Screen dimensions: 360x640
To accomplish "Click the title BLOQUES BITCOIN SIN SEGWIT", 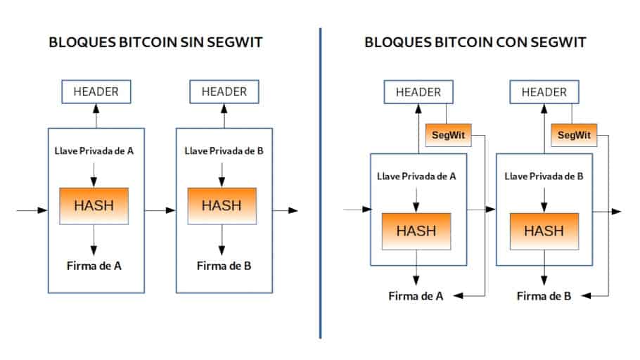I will pos(155,42).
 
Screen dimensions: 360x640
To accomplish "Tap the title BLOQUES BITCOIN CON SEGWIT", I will pos(475,42).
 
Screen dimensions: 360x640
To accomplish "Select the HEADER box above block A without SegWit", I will pos(96,91).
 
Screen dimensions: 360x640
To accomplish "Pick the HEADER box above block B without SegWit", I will pos(224,91).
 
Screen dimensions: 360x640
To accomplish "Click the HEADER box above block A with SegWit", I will pos(418,91).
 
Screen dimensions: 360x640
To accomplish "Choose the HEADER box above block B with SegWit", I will pos(544,91).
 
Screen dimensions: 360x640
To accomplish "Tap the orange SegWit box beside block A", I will pos(448,134).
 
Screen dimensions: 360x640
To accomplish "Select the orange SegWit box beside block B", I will pos(573,134).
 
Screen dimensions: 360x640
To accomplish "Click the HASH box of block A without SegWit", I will pos(94,205).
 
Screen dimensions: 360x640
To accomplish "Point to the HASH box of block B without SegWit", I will pos(222,205).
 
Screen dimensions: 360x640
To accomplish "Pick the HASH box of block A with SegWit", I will pos(416,231).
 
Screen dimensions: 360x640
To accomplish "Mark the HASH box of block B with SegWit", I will pos(544,231).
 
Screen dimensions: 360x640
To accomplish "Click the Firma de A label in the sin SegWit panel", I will pos(94,266).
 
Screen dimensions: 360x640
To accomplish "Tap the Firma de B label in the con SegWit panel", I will pos(544,296).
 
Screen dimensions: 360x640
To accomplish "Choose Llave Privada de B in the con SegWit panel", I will pos(544,176).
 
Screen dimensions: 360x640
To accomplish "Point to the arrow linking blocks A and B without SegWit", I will pos(160,210).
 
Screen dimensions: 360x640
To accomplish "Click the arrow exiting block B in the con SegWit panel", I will pos(606,211).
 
